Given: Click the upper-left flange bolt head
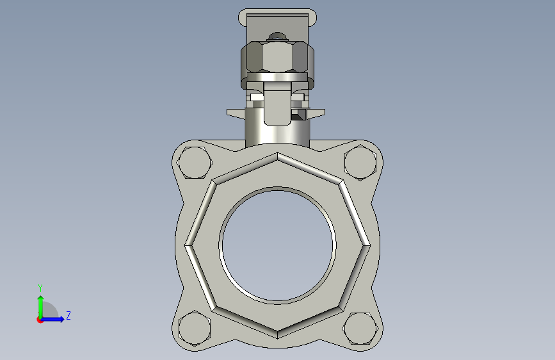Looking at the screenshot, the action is click(x=195, y=162).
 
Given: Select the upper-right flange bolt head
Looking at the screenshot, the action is click(x=360, y=162).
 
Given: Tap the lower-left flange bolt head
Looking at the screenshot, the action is click(x=195, y=329).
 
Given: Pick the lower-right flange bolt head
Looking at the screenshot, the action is click(x=360, y=329).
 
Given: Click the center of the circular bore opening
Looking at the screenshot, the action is click(x=278, y=245).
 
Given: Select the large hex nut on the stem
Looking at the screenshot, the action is click(x=278, y=58).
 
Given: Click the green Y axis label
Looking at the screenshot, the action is click(x=40, y=288).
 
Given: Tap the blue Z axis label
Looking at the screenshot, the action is click(x=68, y=315).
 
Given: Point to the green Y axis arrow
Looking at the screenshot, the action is click(x=41, y=307).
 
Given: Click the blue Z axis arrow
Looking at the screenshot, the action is click(x=52, y=319).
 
